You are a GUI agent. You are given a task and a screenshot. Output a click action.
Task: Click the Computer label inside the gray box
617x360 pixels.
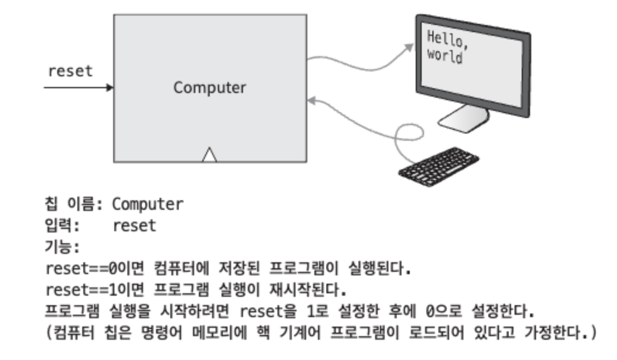209,88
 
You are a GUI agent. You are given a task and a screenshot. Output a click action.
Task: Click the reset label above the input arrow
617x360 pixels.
70,71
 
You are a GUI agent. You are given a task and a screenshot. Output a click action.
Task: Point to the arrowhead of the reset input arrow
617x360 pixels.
110,88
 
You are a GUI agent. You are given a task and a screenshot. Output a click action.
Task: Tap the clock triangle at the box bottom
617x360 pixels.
209,156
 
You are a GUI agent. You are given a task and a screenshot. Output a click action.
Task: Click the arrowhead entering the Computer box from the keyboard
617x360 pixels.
311,102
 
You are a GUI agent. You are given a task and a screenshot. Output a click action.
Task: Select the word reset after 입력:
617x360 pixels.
134,226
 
